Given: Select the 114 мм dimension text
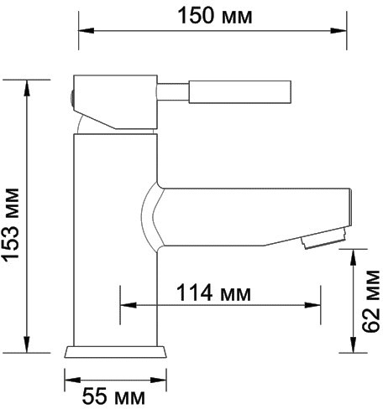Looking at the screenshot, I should click(x=214, y=293).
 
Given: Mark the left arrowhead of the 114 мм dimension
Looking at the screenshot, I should click(x=126, y=305).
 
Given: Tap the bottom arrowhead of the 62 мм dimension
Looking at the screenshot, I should click(x=353, y=345).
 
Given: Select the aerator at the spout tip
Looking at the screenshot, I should click(x=322, y=241).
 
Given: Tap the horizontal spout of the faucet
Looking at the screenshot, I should click(x=252, y=215).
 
